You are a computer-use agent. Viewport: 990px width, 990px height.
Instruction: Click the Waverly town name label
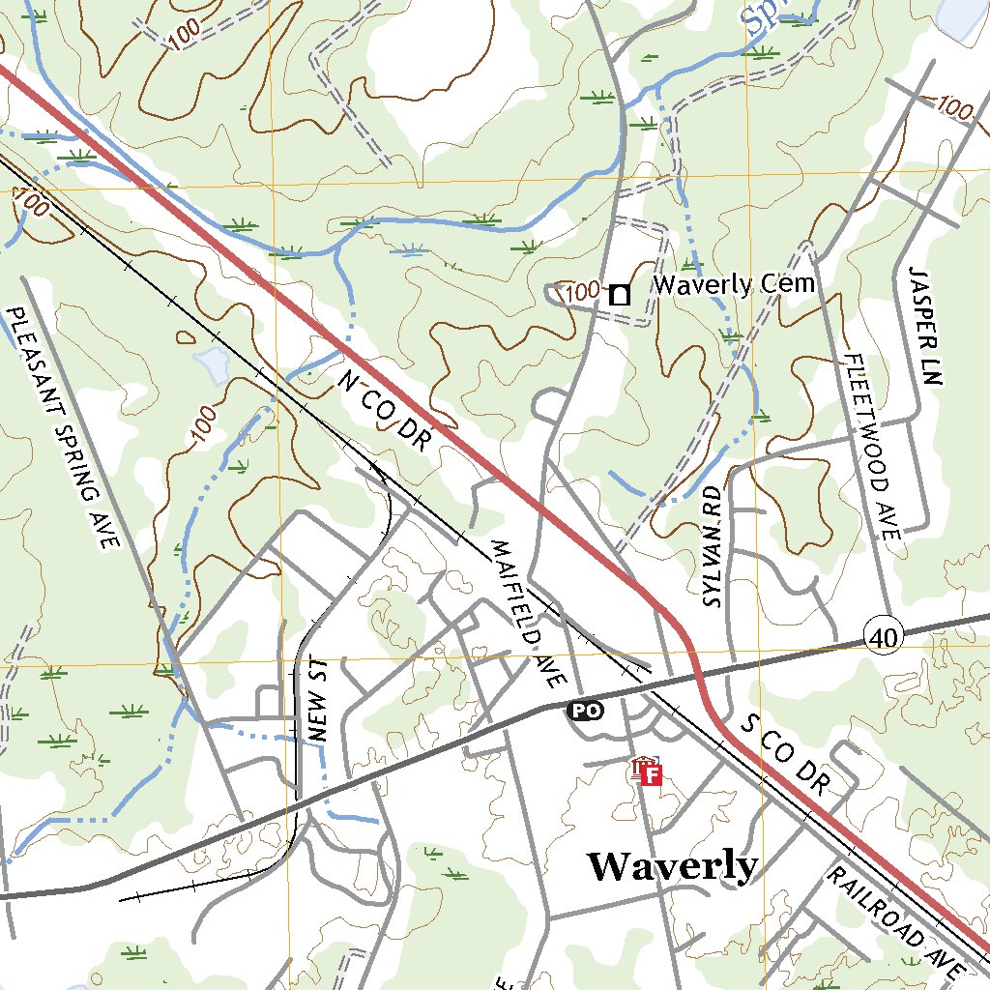(x=672, y=865)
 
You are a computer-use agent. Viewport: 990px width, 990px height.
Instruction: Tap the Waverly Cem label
(x=734, y=284)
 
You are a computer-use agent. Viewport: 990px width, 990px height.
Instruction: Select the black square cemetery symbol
(x=619, y=294)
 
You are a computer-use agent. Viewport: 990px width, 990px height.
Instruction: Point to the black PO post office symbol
(x=584, y=711)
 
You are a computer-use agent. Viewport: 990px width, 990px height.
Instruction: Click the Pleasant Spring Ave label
(x=61, y=428)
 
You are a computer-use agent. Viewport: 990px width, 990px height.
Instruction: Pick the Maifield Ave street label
(x=526, y=613)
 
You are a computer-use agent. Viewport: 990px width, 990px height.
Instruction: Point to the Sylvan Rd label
(x=713, y=546)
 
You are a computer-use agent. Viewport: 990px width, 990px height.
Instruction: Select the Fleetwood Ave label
(x=872, y=446)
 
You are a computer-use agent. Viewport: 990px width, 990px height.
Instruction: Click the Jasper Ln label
(x=924, y=327)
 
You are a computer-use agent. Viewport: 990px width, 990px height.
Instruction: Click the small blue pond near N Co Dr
(x=211, y=364)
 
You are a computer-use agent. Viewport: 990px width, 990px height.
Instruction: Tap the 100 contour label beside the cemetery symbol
(x=580, y=291)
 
